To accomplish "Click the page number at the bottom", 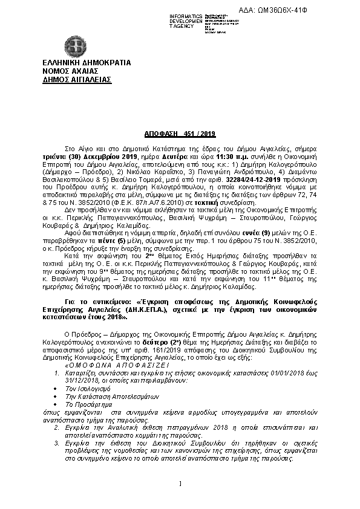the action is pos(180,483).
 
